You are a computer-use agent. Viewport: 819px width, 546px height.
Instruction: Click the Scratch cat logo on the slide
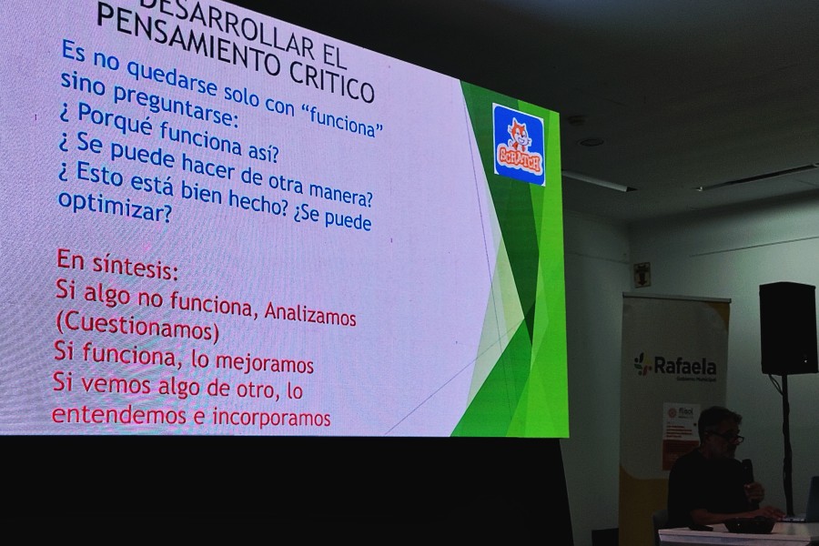pos(518,143)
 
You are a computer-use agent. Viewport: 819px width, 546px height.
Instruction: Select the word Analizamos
pos(309,315)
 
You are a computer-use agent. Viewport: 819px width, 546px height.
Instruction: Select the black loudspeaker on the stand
pos(787,328)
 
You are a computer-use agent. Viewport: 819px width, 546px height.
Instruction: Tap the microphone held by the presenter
pos(747,468)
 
